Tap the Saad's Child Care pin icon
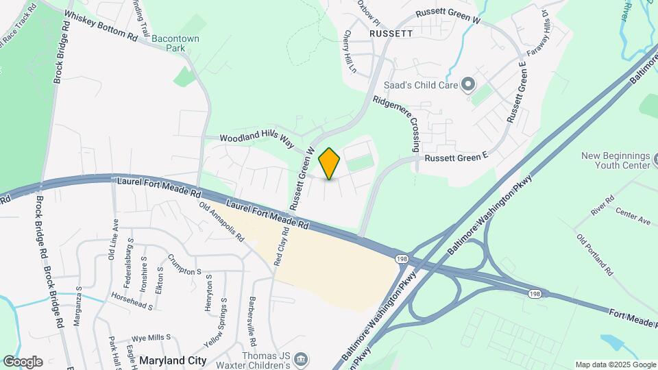click(x=469, y=85)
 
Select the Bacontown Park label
click(x=175, y=44)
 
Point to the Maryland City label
click(x=173, y=360)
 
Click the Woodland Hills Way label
click(x=256, y=139)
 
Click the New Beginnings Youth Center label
click(x=615, y=160)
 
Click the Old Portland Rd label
click(x=594, y=254)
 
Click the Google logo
click(x=23, y=361)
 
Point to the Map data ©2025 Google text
click(x=614, y=365)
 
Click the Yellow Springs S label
click(x=215, y=323)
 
